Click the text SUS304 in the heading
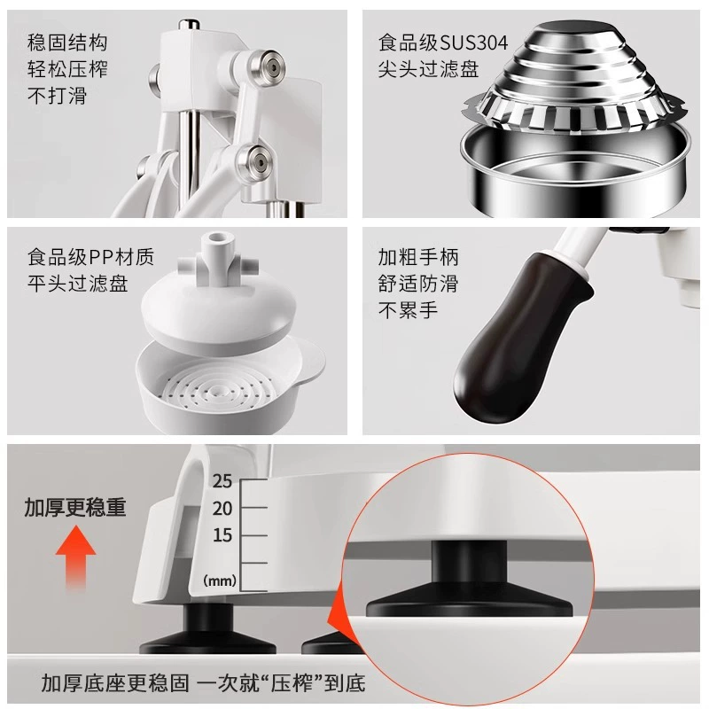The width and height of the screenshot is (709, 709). pyautogui.click(x=474, y=43)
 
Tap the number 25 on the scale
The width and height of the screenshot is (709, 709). pyautogui.click(x=222, y=481)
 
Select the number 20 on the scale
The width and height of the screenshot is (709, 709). pyautogui.click(x=222, y=509)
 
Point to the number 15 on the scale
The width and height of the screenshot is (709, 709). pyautogui.click(x=222, y=535)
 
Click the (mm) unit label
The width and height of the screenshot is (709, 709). pyautogui.click(x=220, y=580)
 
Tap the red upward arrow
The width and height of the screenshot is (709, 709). pyautogui.click(x=75, y=557)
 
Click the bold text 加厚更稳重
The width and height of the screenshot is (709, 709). pyautogui.click(x=75, y=507)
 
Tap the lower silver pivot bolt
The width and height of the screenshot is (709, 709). pyautogui.click(x=255, y=161)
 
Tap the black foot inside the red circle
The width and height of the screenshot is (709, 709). pyautogui.click(x=469, y=583)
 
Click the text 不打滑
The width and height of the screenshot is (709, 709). pyautogui.click(x=57, y=96)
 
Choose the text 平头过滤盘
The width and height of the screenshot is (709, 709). pyautogui.click(x=78, y=284)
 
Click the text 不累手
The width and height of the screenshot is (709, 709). pyautogui.click(x=409, y=310)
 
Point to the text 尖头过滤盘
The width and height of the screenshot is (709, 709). pyautogui.click(x=429, y=69)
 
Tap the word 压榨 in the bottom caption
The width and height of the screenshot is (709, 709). pyautogui.click(x=291, y=682)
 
